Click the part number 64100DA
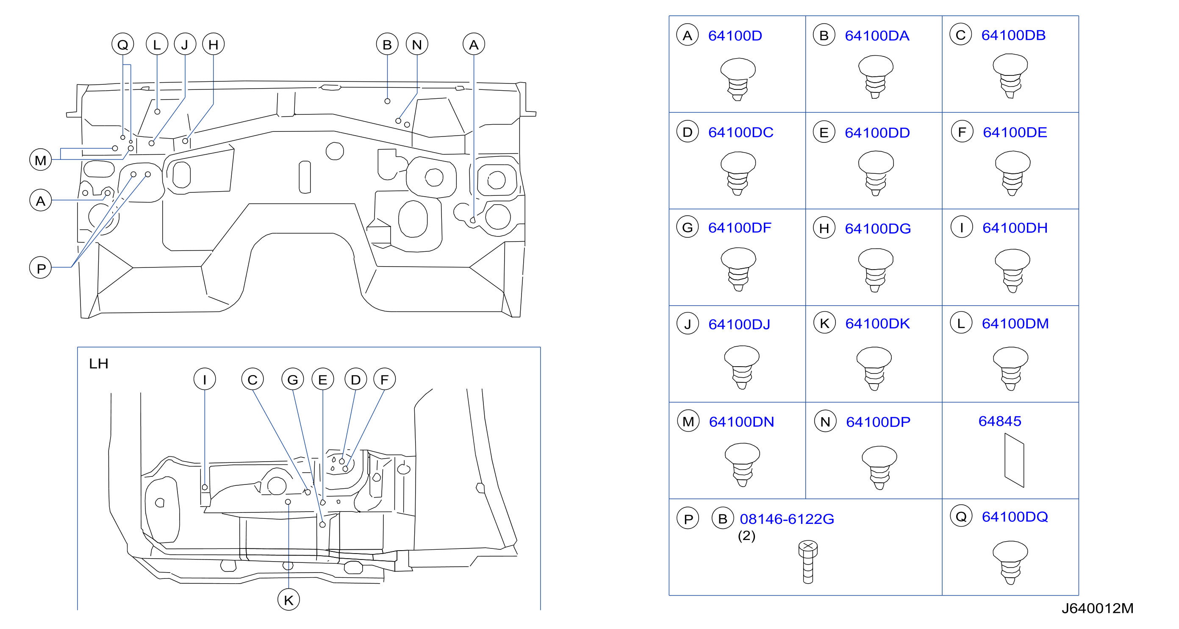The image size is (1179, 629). click(x=877, y=36)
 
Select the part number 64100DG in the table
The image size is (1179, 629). click(x=877, y=228)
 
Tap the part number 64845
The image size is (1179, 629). click(x=1000, y=421)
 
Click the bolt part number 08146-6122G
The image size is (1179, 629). click(x=787, y=519)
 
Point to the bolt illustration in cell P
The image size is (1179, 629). click(x=808, y=562)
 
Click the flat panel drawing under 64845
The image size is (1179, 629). click(x=1014, y=461)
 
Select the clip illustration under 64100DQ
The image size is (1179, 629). click(x=1010, y=562)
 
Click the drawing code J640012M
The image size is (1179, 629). click(x=1097, y=608)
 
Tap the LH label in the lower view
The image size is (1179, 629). click(x=98, y=364)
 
